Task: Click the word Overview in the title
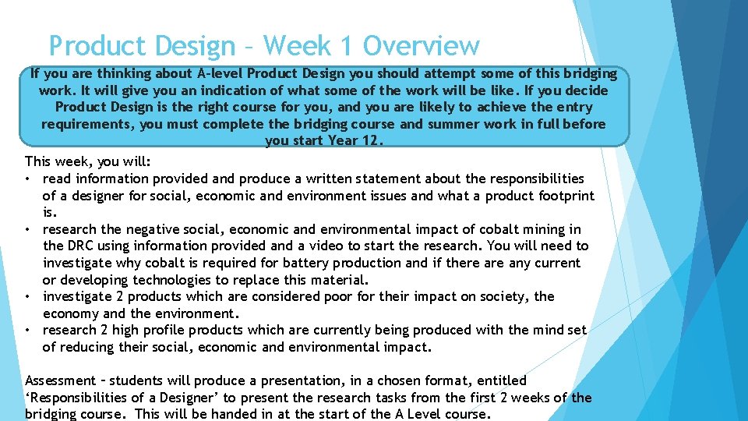[x=421, y=47]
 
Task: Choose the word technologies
[x=182, y=280]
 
